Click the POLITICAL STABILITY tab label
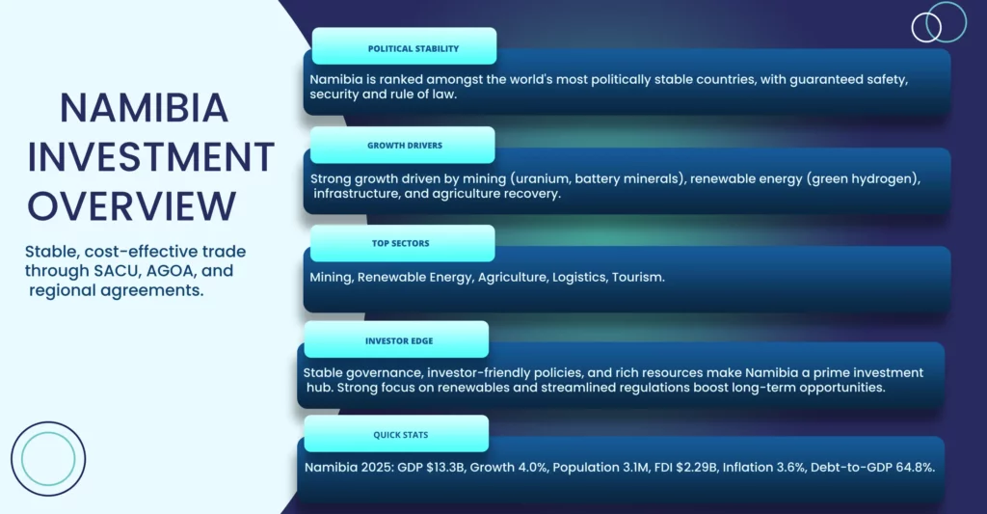click(413, 48)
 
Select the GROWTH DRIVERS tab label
click(405, 146)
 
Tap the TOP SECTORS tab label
click(400, 243)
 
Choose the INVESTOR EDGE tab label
click(399, 340)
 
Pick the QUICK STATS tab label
click(400, 435)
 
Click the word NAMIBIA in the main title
click(145, 108)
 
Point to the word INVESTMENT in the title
click(150, 157)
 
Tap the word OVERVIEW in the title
click(131, 206)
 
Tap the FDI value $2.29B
click(697, 468)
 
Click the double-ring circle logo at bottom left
click(48, 422)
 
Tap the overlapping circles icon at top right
click(939, 22)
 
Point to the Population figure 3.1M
click(632, 468)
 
